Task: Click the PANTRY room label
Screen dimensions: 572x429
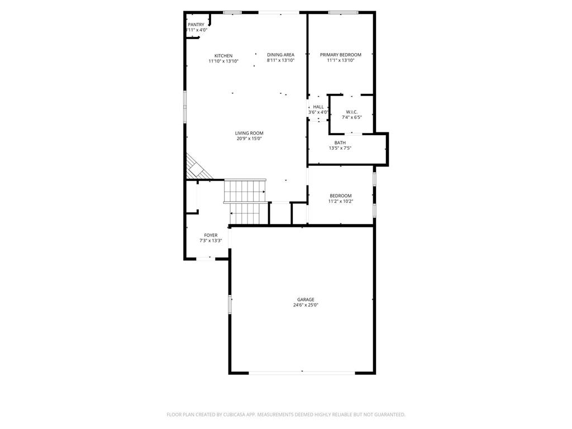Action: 196,25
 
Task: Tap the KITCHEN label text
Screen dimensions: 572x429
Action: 223,56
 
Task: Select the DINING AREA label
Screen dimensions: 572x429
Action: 280,55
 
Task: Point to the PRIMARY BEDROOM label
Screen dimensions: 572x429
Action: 341,55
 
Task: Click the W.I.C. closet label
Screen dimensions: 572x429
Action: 352,112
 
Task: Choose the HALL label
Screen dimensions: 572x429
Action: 318,107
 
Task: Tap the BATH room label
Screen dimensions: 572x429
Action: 340,142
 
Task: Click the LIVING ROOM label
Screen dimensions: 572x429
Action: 249,133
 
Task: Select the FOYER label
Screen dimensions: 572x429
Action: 211,235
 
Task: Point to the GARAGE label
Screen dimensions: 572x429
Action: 306,299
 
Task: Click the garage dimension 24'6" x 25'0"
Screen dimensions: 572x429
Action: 306,305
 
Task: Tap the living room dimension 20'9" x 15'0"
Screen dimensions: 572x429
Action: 249,139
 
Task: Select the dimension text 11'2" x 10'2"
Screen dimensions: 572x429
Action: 341,201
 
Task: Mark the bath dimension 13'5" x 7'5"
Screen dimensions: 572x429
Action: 340,148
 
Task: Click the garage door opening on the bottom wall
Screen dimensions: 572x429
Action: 302,373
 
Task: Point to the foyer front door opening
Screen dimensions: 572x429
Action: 206,259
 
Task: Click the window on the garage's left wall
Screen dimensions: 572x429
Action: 230,304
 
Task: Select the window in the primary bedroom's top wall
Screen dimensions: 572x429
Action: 344,13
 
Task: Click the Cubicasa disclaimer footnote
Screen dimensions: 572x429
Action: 286,414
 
